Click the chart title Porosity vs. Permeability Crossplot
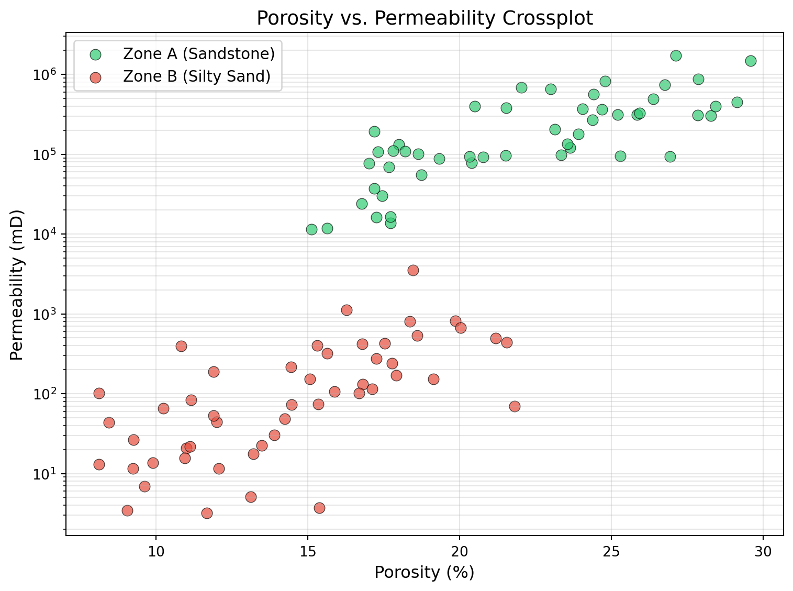pos(425,18)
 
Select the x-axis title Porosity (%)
pos(425,573)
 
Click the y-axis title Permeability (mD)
pos(17,285)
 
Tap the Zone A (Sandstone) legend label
pos(199,54)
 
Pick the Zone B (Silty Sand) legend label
pos(197,76)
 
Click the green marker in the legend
pos(95,54)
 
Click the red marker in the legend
pos(95,77)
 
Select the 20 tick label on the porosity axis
pos(460,552)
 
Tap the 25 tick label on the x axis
pos(611,552)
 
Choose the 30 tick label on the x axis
pos(763,552)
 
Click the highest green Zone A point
pos(676,55)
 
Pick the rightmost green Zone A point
pos(751,61)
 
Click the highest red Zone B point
pos(413,270)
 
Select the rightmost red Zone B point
pos(515,406)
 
